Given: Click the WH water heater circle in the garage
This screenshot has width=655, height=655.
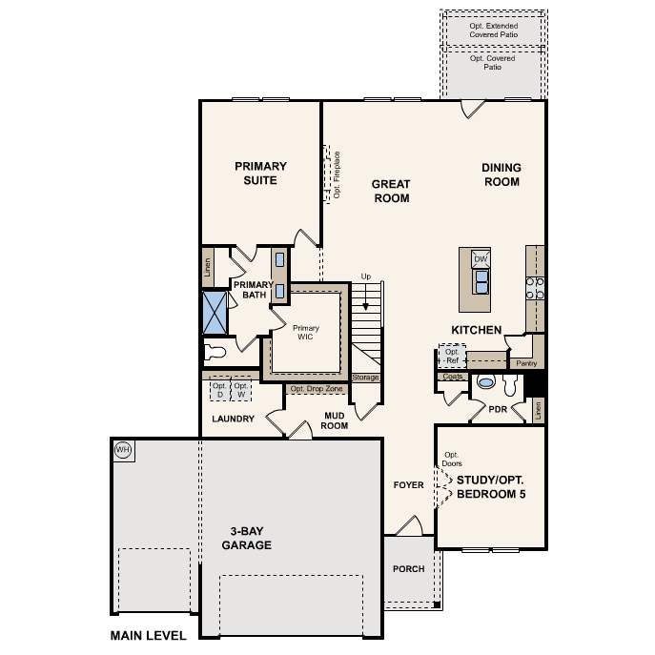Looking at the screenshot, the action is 123,450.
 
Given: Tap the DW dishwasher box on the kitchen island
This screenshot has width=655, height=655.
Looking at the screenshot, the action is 481,259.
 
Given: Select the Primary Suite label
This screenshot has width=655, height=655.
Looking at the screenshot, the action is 260,174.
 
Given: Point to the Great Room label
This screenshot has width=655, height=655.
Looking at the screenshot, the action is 391,191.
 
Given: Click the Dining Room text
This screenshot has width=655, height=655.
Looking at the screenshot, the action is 501,174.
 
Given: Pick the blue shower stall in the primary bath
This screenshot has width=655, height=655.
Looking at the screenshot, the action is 215,313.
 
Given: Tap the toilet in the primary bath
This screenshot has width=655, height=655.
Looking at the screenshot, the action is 215,352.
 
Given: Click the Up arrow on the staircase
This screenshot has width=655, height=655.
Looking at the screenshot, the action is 365,297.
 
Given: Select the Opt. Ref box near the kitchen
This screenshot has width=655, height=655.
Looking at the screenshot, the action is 452,357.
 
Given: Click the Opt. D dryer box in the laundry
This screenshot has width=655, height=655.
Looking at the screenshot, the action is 219,390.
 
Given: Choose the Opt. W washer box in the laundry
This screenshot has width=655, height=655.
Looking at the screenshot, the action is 241,390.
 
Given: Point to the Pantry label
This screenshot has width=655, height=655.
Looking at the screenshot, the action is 526,363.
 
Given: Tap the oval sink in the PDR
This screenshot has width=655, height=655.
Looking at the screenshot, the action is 486,381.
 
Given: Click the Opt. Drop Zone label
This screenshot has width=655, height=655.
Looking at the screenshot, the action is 317,389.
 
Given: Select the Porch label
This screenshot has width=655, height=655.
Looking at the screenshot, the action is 408,569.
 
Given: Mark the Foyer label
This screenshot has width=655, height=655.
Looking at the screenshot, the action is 408,485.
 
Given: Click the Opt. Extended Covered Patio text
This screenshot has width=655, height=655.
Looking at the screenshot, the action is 493,31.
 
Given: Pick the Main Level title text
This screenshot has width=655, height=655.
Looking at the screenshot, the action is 149,636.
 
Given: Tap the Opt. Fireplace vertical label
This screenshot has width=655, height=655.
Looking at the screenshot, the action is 337,175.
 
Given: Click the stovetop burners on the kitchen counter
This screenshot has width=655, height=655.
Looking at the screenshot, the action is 535,288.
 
